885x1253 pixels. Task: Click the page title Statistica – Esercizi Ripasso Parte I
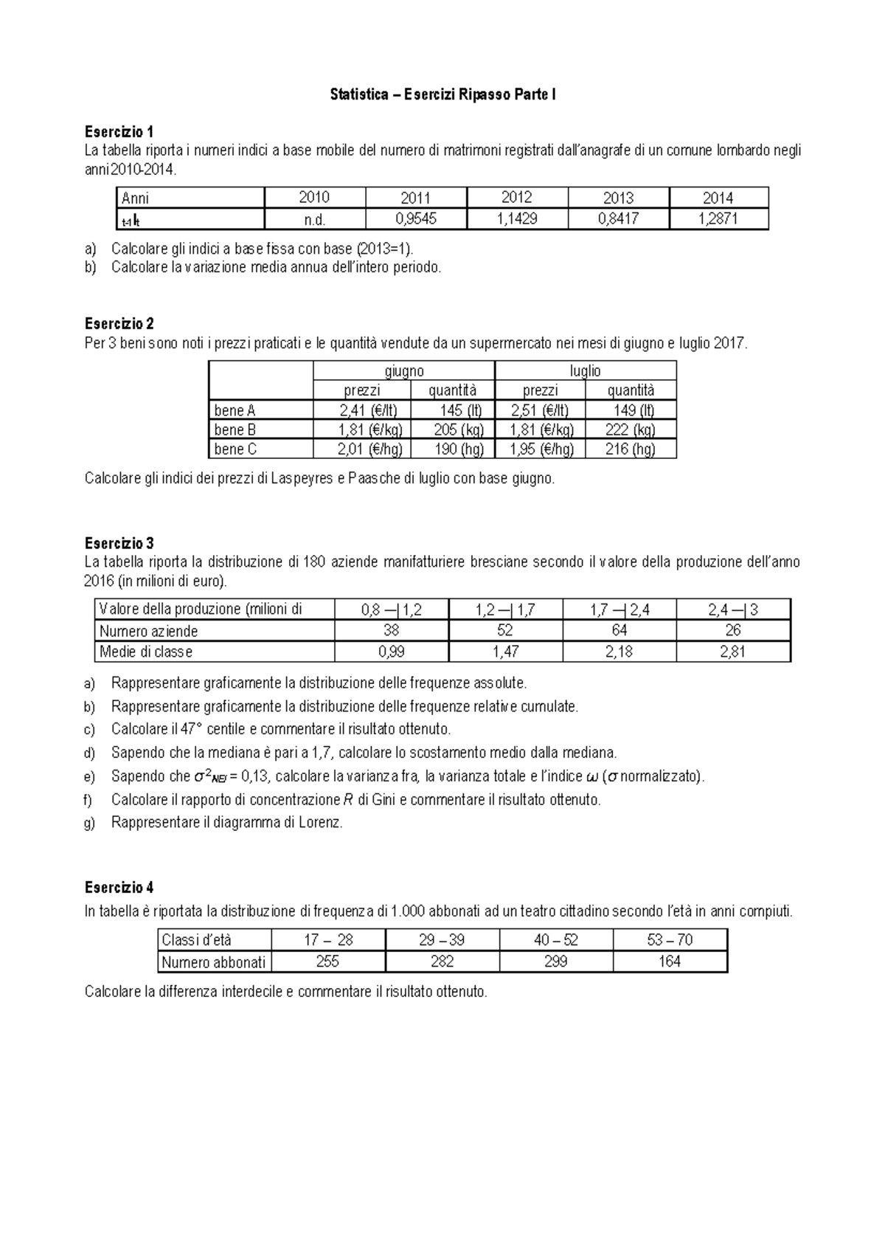pos(442,94)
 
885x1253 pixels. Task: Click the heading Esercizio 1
pos(119,132)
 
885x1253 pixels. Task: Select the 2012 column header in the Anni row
pos(516,198)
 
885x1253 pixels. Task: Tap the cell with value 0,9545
pos(416,219)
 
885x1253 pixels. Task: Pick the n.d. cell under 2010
pos(314,219)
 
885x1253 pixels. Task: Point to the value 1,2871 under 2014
pos(718,219)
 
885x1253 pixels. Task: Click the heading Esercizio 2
pos(119,324)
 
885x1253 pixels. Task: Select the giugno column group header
pos(404,371)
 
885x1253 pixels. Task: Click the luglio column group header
pos(586,371)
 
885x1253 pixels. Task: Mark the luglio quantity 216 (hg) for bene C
pos(630,449)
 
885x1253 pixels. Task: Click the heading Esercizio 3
pos(119,544)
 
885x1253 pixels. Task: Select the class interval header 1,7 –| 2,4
pos(619,610)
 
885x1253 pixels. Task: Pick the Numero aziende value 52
pos(505,630)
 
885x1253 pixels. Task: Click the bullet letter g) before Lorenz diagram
pos(90,822)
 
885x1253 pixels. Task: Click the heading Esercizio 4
pos(119,888)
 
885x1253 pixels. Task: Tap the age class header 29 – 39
pos(442,940)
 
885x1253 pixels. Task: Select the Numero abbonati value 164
pos(670,962)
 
